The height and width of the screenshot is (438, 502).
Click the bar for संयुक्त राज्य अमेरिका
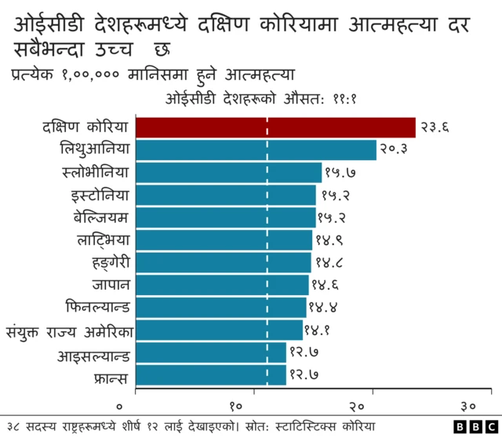220,330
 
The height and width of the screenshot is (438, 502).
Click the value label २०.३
395,150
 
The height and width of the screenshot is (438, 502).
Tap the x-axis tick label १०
236,406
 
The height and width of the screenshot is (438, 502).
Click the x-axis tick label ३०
468,406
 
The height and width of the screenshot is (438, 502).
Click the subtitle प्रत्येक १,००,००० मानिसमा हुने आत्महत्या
153,76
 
